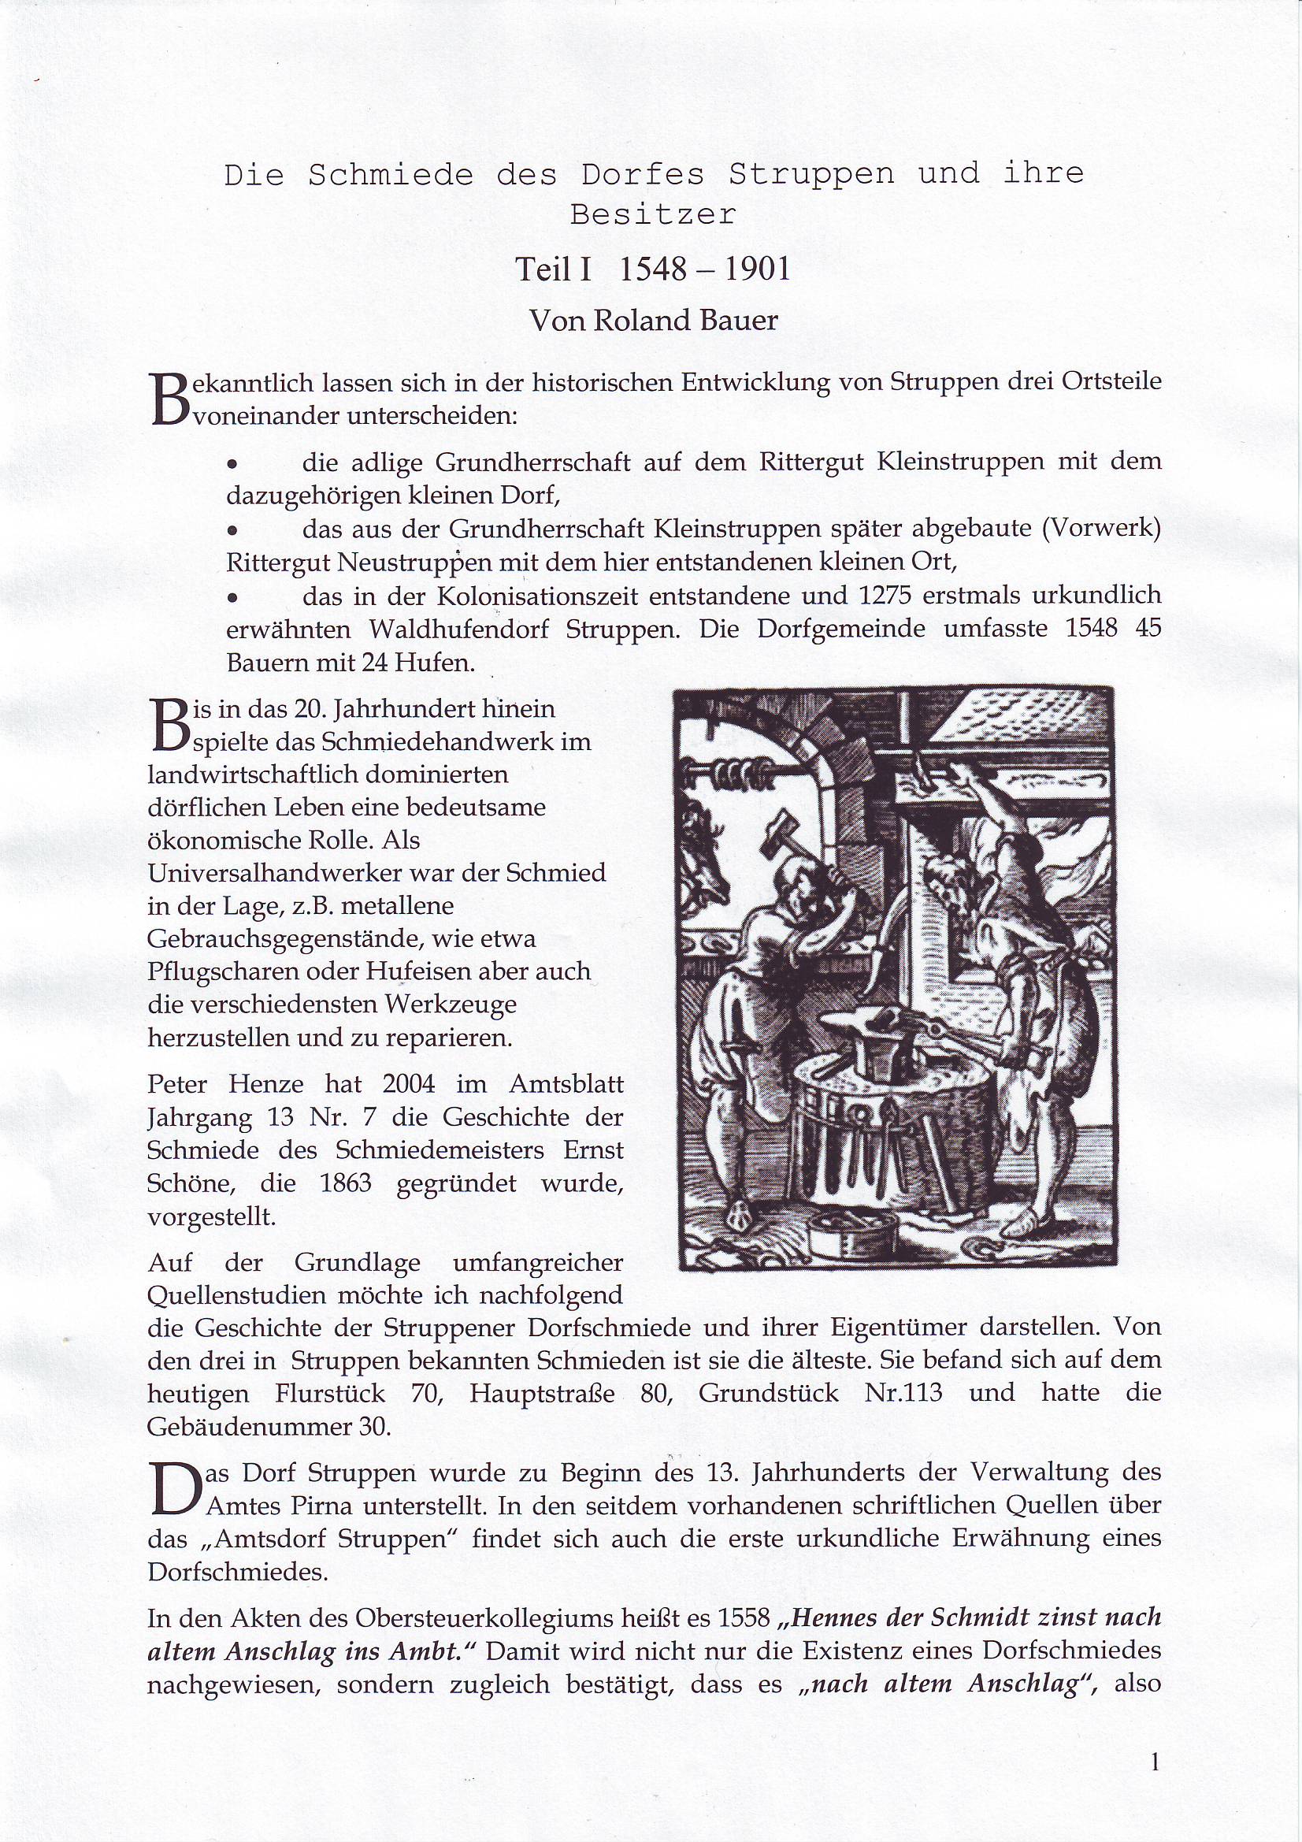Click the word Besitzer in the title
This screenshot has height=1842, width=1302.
(x=652, y=215)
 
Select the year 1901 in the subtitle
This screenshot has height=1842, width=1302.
(x=756, y=270)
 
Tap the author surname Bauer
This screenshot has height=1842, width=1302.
(x=739, y=321)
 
